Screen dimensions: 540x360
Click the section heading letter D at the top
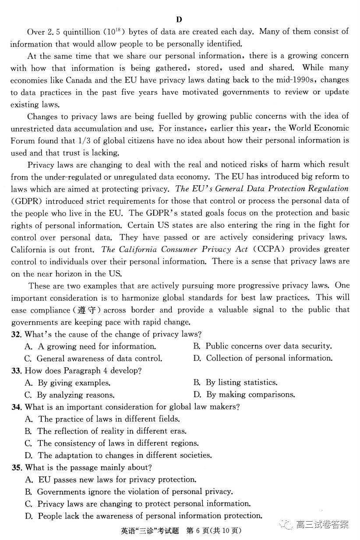tap(179, 20)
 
